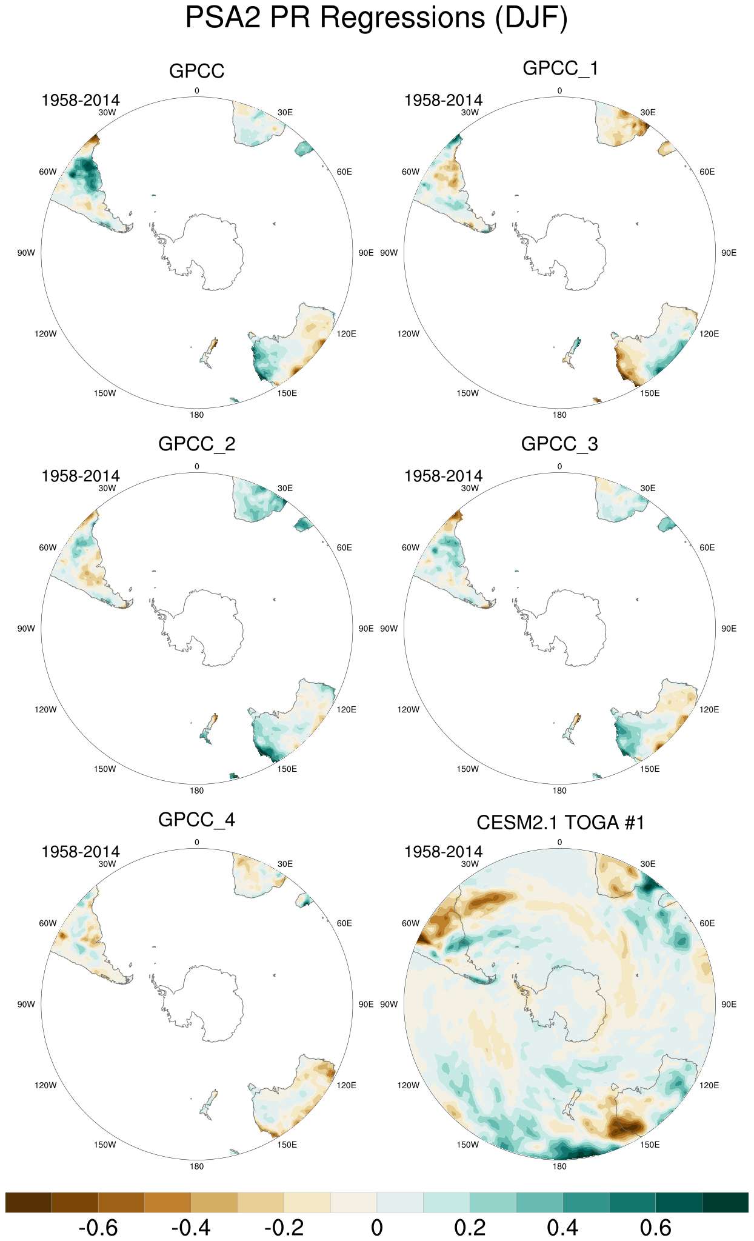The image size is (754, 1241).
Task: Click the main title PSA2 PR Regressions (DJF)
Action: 376,18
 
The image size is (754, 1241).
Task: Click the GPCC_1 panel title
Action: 560,68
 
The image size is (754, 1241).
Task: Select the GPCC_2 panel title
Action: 196,444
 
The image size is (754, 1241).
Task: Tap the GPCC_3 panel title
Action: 559,444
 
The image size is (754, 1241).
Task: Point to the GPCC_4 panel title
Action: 196,820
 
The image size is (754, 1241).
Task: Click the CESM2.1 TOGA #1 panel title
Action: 560,823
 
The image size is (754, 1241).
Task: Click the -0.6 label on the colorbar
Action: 98,1228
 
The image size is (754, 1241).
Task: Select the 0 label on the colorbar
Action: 376,1228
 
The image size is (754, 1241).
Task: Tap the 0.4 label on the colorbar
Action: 562,1228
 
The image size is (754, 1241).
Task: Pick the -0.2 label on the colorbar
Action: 284,1228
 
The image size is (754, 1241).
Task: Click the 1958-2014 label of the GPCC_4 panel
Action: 81,852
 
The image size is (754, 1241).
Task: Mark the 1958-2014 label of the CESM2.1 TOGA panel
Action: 444,852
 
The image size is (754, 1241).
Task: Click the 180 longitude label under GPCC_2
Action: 196,791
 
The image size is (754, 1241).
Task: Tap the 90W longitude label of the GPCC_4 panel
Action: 26,1004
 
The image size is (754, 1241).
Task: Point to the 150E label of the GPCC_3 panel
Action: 650,769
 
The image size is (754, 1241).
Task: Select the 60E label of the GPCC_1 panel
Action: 707,172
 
